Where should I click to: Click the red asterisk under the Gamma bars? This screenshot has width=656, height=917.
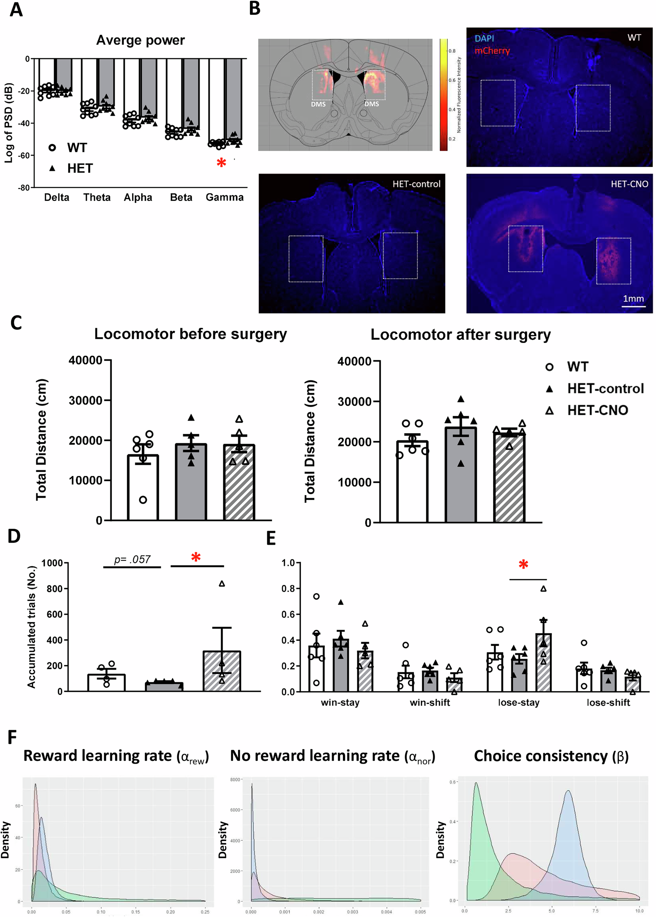(221, 163)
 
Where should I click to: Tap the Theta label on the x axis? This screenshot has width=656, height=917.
(97, 197)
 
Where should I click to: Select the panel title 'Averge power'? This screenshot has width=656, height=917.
(141, 41)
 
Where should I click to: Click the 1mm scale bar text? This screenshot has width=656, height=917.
(633, 299)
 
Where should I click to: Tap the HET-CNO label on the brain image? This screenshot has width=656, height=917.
(629, 184)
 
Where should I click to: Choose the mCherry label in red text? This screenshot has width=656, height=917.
(492, 51)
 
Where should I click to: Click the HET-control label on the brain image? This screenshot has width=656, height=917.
(416, 184)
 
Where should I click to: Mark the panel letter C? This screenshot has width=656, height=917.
(16, 323)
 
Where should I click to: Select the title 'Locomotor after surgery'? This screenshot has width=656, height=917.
(460, 335)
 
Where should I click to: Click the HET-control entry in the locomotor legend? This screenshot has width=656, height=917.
(605, 389)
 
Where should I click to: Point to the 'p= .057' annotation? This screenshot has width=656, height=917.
(132, 560)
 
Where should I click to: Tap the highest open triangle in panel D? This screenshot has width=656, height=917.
(222, 584)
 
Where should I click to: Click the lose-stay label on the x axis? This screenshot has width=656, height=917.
(519, 703)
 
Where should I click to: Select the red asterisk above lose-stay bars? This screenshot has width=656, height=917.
(523, 564)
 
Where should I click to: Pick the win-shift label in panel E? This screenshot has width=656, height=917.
(430, 703)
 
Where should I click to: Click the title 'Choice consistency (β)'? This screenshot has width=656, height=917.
(551, 756)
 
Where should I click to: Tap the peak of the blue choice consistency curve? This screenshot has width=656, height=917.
(568, 791)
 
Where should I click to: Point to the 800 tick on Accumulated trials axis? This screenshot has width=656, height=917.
(54, 589)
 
